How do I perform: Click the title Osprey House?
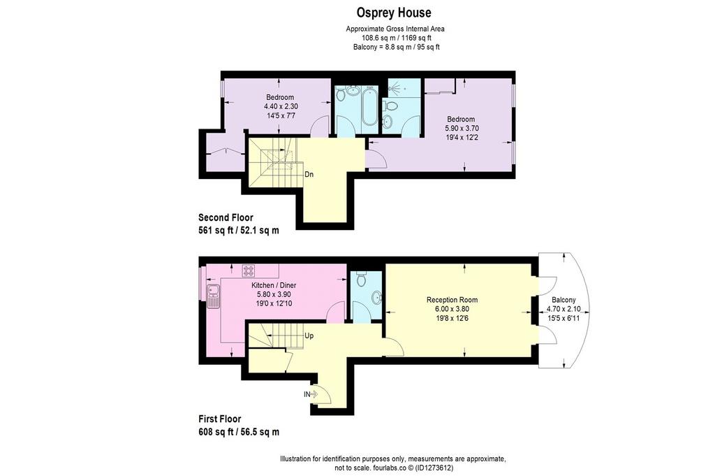pos(393,13)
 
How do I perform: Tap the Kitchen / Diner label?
pos(274,285)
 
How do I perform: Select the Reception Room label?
pos(452,300)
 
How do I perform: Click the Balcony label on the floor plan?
pos(563,300)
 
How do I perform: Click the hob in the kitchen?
pos(249,271)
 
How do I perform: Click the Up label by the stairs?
pos(309,336)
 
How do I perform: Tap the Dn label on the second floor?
pos(309,174)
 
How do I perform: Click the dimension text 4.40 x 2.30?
pos(281,106)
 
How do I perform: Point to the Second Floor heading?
pos(226,217)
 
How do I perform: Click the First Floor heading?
pos(220,419)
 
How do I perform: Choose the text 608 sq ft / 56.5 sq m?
pos(239,432)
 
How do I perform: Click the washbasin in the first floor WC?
pos(377,298)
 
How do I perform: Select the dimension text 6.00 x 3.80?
pos(452,309)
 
